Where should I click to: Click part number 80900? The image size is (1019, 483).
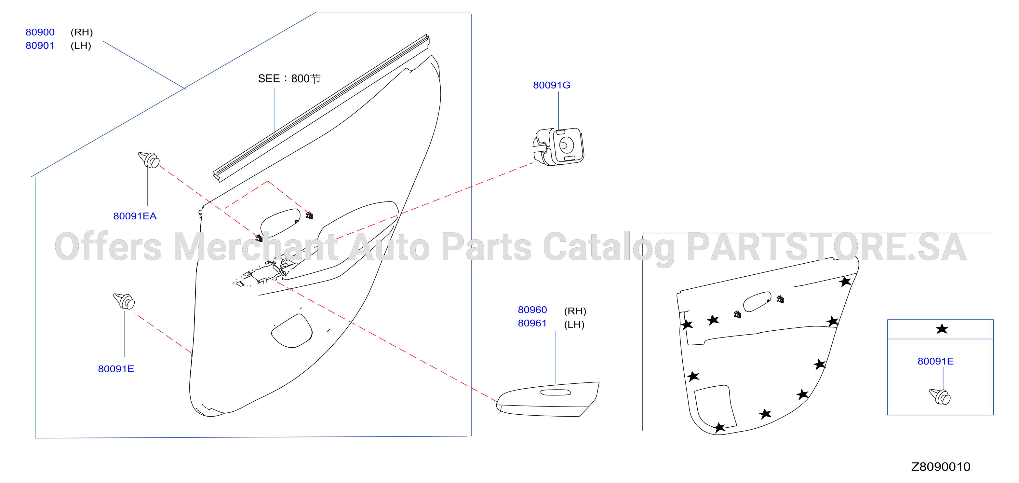click(x=40, y=32)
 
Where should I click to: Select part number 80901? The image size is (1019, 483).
click(x=40, y=46)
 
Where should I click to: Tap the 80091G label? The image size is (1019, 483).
click(x=551, y=85)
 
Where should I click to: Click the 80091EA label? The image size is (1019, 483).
click(x=135, y=216)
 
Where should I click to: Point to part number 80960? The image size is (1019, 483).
click(x=532, y=310)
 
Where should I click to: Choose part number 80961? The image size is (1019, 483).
click(x=532, y=323)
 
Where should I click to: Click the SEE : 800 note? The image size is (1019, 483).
click(x=289, y=79)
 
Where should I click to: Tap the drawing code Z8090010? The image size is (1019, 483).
click(x=941, y=467)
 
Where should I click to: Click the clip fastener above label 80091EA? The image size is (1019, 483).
click(x=149, y=159)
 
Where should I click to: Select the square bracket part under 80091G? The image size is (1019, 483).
click(x=558, y=146)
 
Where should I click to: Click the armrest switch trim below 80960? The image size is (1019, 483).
click(x=547, y=399)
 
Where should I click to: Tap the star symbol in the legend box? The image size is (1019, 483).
click(x=942, y=329)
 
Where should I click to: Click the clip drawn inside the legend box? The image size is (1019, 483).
click(x=940, y=397)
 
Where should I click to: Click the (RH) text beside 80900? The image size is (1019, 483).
click(x=82, y=32)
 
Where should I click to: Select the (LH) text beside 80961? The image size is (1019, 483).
click(x=574, y=324)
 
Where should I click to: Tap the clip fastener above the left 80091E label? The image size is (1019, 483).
click(x=124, y=301)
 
